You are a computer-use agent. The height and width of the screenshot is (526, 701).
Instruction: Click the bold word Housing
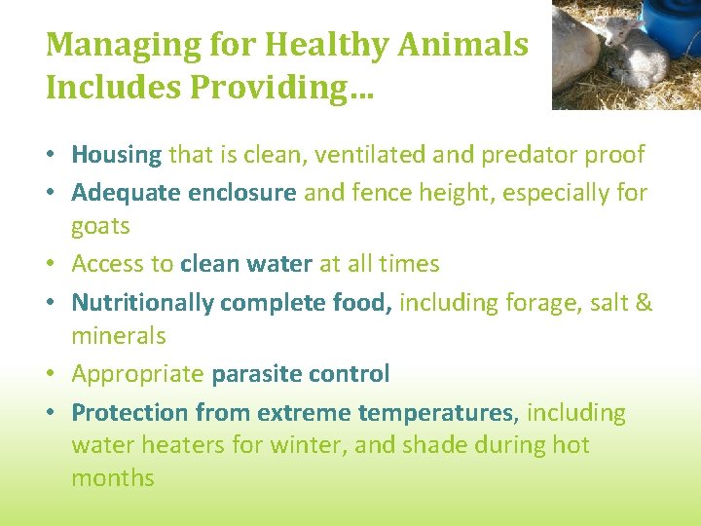pos(116,155)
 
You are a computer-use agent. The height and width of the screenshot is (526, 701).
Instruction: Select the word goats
pos(100,226)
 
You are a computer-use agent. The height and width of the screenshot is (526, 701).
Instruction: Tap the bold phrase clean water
pos(246,264)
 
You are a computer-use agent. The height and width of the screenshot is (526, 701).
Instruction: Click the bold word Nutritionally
pos(142,303)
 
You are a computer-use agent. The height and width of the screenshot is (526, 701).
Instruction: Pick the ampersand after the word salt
pos(643,303)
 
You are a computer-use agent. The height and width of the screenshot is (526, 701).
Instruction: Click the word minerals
pos(118,336)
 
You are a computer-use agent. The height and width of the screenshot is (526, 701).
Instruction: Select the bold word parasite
pos(256,374)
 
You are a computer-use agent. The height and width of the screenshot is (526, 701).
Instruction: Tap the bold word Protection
pos(130,413)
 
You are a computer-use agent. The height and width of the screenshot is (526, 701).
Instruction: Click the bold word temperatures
pos(434,413)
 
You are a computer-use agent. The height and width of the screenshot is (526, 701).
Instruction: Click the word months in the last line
pos(112,478)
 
